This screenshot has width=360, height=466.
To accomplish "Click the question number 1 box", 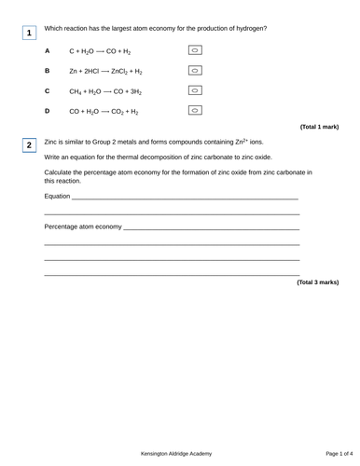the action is click(x=29, y=34).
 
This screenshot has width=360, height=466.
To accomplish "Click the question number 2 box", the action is click(x=29, y=145).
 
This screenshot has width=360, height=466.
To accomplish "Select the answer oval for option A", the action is click(x=196, y=49).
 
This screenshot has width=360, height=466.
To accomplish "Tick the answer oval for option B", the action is click(x=196, y=70).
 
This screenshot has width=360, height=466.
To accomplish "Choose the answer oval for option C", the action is click(x=196, y=90).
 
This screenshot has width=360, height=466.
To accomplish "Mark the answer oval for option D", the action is click(x=196, y=111).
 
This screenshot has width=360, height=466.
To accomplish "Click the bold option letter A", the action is click(x=47, y=50).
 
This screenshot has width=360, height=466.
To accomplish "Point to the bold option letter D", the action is click(x=47, y=111).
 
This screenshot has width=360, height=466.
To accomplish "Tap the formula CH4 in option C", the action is click(x=76, y=91).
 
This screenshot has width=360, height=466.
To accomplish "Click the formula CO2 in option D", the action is click(x=119, y=112).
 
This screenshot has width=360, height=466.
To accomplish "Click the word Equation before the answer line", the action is click(x=57, y=197).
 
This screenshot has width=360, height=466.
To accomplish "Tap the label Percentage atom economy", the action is click(x=83, y=226).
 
